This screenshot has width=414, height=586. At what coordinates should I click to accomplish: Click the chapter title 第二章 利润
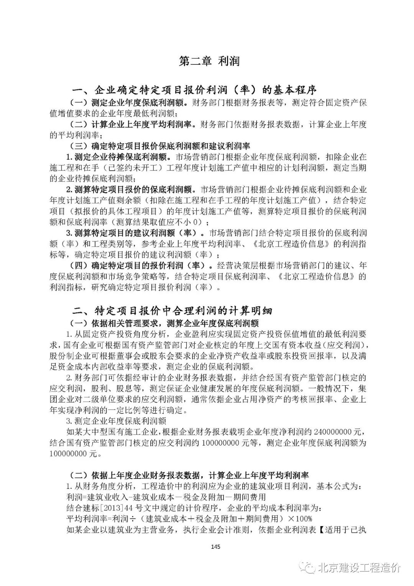209,61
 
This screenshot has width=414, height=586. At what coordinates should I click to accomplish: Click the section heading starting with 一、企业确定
195,91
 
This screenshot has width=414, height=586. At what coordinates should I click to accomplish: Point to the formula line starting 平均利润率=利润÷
189,519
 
